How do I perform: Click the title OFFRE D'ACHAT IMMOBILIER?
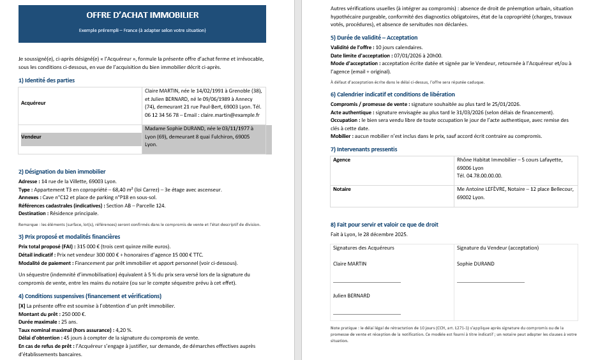pyautogui.click(x=142, y=15)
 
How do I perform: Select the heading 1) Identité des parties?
pyautogui.click(x=47, y=80)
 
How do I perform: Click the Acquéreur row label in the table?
pyautogui.click(x=34, y=102)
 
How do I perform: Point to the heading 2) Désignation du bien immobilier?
pyautogui.click(x=62, y=172)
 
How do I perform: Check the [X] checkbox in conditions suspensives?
pyautogui.click(x=22, y=306)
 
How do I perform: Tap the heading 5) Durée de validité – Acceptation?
pyautogui.click(x=374, y=38)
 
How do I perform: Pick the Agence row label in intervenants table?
pyautogui.click(x=342, y=160)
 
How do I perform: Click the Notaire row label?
pyautogui.click(x=343, y=190)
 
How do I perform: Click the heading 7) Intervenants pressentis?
pyautogui.click(x=364, y=149)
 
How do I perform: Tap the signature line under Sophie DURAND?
pyautogui.click(x=490, y=281)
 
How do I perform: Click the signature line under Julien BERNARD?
pyautogui.click(x=367, y=313)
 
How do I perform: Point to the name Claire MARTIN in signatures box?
pyautogui.click(x=350, y=264)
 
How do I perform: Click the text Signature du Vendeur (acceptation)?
pyautogui.click(x=498, y=248)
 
